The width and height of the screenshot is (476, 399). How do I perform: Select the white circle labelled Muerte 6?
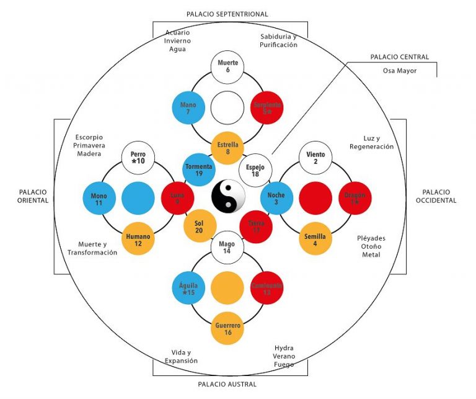click(x=227, y=67)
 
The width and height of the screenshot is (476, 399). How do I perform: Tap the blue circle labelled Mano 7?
click(x=188, y=109)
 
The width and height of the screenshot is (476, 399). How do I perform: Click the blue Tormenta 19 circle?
click(x=199, y=169)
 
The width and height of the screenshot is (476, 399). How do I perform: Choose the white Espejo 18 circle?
click(x=255, y=170)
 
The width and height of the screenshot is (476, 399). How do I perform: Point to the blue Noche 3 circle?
click(x=276, y=199)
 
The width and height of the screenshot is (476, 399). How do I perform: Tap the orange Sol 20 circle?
click(x=200, y=226)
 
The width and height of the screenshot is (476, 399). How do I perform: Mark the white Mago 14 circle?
click(x=227, y=248)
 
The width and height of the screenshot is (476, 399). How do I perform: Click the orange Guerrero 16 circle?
click(x=228, y=328)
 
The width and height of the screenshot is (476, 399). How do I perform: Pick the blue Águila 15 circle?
click(x=188, y=288)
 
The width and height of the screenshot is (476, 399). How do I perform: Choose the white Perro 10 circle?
click(x=138, y=158)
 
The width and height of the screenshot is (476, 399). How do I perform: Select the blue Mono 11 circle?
click(x=99, y=199)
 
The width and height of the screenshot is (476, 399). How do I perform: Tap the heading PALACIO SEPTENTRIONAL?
click(x=227, y=14)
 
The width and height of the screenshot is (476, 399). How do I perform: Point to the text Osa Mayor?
click(x=399, y=71)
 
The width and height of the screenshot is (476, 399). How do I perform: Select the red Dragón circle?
click(x=355, y=199)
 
